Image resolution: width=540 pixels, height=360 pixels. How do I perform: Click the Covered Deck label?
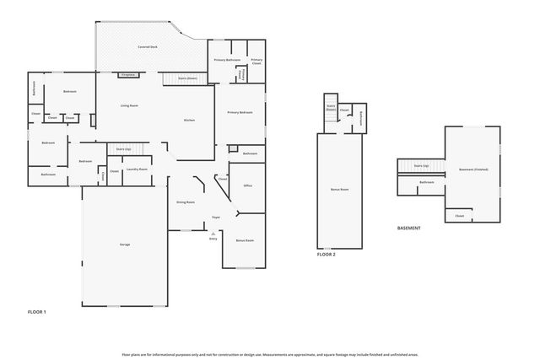tap(149, 47)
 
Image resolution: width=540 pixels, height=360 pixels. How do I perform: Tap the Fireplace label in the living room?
tap(129, 75)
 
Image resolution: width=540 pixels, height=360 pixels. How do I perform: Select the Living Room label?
tap(129, 105)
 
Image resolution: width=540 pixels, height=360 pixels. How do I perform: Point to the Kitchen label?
tap(190, 120)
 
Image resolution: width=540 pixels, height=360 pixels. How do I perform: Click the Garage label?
tap(124, 244)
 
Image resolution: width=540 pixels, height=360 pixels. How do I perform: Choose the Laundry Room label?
tap(137, 169)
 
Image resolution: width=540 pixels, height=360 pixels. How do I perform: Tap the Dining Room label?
tap(186, 202)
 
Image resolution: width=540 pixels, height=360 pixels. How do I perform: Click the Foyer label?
tap(216, 217)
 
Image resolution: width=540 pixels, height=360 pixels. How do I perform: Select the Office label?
tap(248, 185)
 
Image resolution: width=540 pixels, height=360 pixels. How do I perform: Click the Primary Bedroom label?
tap(240, 112)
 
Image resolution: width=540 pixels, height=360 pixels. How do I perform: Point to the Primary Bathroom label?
tap(227, 60)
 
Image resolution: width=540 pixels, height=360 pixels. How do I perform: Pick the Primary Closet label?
tap(256, 61)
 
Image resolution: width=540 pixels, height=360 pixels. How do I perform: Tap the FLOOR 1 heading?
tap(37, 312)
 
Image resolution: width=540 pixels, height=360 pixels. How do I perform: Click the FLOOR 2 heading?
tap(327, 254)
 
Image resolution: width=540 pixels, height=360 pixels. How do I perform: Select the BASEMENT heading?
tap(409, 228)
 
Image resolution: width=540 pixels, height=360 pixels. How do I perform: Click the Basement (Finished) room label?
tap(473, 169)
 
